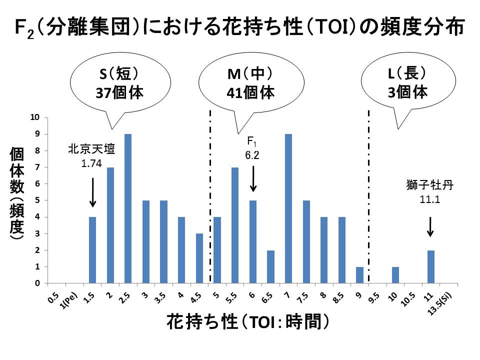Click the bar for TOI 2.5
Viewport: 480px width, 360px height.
pyautogui.click(x=128, y=208)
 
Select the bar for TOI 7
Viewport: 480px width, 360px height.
pyautogui.click(x=288, y=208)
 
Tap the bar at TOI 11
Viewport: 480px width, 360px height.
pyautogui.click(x=430, y=266)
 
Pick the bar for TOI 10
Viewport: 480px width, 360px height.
pyautogui.click(x=395, y=275)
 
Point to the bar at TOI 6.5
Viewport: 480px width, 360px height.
pyautogui.click(x=270, y=266)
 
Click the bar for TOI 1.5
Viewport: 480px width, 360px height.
pyautogui.click(x=92, y=250)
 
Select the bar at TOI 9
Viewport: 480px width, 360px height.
pyautogui.click(x=359, y=275)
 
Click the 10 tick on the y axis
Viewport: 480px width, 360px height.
pyautogui.click(x=35, y=117)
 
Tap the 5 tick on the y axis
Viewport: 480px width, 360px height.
pyautogui.click(x=37, y=200)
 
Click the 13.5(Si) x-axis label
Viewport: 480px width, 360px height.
pyautogui.click(x=440, y=303)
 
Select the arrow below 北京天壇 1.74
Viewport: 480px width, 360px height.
pyautogui.click(x=93, y=192)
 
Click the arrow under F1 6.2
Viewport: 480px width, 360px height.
pyautogui.click(x=253, y=179)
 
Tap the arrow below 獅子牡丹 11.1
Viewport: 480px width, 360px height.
pyautogui.click(x=430, y=227)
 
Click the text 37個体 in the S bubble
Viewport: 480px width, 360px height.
pyautogui.click(x=119, y=92)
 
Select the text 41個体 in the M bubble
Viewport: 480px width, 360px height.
pyautogui.click(x=250, y=92)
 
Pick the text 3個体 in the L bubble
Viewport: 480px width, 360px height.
pyautogui.click(x=407, y=92)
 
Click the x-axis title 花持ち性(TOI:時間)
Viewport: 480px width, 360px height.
pyautogui.click(x=248, y=321)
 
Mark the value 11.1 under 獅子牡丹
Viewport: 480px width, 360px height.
pyautogui.click(x=430, y=199)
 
